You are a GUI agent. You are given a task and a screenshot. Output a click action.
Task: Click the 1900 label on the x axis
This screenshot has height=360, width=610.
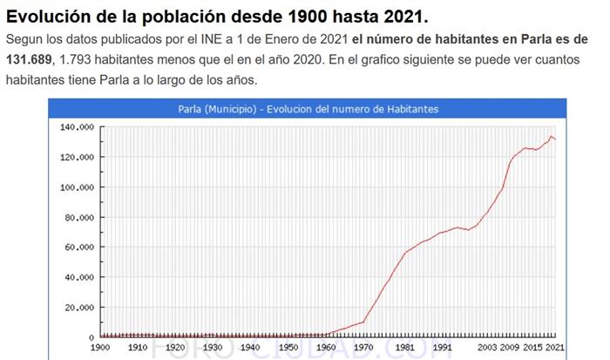pos(100,347)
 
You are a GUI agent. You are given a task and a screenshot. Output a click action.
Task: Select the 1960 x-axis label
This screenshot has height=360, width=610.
pos(325,347)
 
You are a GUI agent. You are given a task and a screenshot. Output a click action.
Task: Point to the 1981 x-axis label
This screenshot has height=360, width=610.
pos(403,347)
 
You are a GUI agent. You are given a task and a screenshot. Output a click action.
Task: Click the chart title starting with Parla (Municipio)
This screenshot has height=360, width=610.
pos(302,109)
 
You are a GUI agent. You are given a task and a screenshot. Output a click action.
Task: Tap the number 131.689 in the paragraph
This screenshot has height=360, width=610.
pos(30,59)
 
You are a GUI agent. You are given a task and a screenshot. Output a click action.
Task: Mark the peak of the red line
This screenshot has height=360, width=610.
pos(551,136)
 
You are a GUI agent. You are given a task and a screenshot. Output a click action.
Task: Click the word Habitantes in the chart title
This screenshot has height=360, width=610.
pos(410,109)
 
